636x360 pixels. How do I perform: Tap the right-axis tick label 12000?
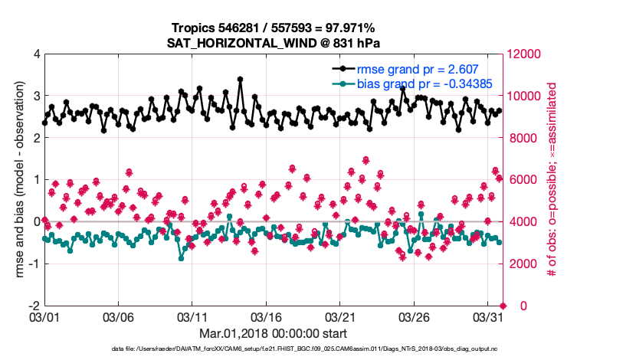(x=523, y=54)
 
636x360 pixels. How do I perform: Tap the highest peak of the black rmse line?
(x=240, y=79)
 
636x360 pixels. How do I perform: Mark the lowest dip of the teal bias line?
(x=181, y=258)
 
